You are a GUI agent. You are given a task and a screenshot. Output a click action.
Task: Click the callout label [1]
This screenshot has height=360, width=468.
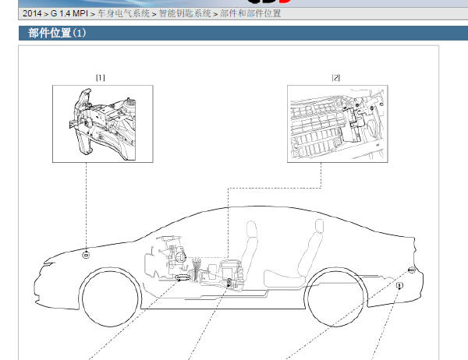[x=101, y=78]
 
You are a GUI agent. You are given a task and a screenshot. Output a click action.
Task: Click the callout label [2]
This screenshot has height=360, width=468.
[x=336, y=78]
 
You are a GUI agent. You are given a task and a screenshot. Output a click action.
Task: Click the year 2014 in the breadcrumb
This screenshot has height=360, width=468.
[x=32, y=13]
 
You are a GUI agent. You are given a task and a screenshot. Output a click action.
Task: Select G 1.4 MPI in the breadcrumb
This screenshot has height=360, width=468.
[x=69, y=13]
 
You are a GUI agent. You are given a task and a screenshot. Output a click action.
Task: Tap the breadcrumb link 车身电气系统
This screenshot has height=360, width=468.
[x=123, y=13]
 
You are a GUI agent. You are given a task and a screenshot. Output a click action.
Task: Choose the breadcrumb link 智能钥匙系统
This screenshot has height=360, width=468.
[x=185, y=13]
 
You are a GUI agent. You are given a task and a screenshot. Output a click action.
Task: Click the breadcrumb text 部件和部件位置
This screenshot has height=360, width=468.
[x=250, y=13]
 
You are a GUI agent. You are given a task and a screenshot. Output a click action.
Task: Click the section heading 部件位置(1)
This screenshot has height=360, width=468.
[x=57, y=33]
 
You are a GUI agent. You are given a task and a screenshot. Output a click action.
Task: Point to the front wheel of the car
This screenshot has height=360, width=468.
[x=110, y=298]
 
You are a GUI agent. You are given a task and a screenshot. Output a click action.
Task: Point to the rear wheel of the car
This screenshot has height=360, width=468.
[x=335, y=298]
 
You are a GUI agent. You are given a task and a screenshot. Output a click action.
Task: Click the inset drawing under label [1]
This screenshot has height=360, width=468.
[x=103, y=124]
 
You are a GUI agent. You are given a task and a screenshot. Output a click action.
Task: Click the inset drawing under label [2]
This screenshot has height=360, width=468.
[x=338, y=124]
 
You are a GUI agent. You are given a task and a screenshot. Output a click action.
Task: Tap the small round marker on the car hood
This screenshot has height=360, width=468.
[x=86, y=255]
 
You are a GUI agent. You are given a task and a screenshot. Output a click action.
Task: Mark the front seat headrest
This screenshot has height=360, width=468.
[x=251, y=229]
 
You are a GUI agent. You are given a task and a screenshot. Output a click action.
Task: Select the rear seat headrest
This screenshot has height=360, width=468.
[x=319, y=226]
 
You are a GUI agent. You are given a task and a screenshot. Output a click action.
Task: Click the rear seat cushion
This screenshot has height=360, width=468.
[x=284, y=278]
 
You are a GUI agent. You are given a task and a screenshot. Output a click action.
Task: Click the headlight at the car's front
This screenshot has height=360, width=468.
[x=50, y=263]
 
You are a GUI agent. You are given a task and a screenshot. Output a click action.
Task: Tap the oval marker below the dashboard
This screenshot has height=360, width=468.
[x=183, y=278]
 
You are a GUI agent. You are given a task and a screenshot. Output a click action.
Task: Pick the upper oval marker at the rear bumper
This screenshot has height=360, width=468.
[x=411, y=270]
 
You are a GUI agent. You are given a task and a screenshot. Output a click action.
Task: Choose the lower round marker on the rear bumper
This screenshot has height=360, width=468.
[x=399, y=285]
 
